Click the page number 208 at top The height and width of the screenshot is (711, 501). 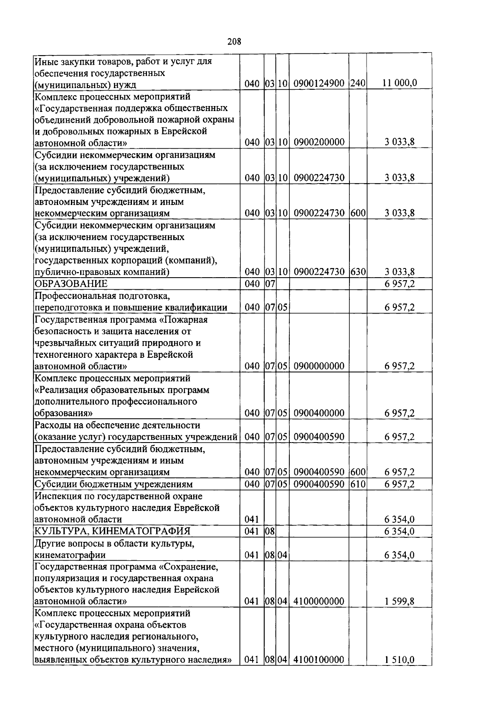click(x=235, y=41)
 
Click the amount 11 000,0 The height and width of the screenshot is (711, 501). click(x=399, y=83)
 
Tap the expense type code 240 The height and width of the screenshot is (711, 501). click(x=358, y=83)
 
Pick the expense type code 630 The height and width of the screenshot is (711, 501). click(x=358, y=272)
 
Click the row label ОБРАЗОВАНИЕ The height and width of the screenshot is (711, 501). click(x=71, y=284)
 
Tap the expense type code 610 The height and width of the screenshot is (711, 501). click(x=358, y=484)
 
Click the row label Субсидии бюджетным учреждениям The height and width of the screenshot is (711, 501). click(x=114, y=484)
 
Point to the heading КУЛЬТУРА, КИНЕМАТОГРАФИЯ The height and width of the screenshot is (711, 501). click(x=112, y=531)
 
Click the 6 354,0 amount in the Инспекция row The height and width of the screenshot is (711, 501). click(x=399, y=520)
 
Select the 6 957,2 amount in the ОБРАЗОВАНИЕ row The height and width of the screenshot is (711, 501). click(x=399, y=284)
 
